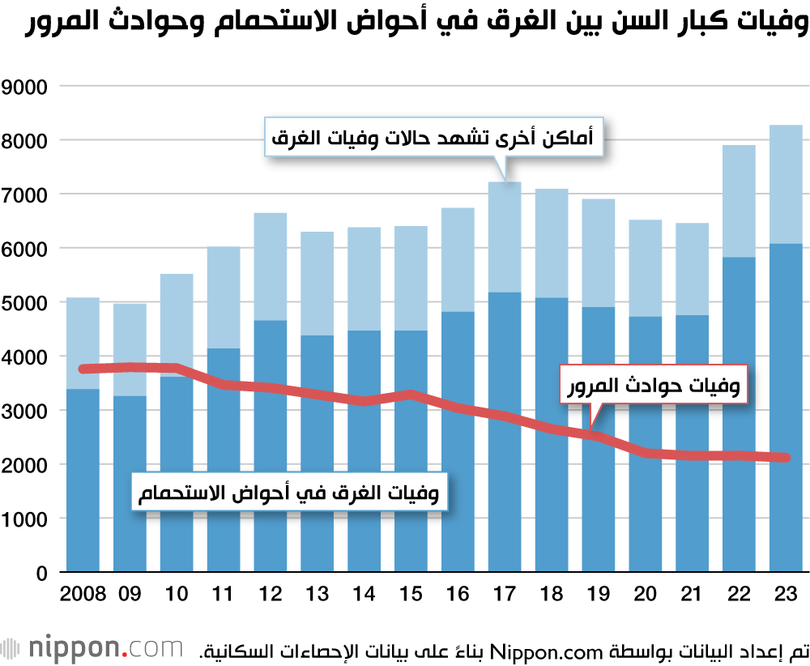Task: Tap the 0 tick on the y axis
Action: [43, 573]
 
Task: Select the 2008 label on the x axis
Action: [83, 594]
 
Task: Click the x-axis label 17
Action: [504, 594]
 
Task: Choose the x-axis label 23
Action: [785, 594]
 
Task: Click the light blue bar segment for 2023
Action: [785, 184]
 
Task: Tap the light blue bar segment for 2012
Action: [270, 267]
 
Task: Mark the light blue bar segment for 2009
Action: [130, 349]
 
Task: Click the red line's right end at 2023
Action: [785, 458]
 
